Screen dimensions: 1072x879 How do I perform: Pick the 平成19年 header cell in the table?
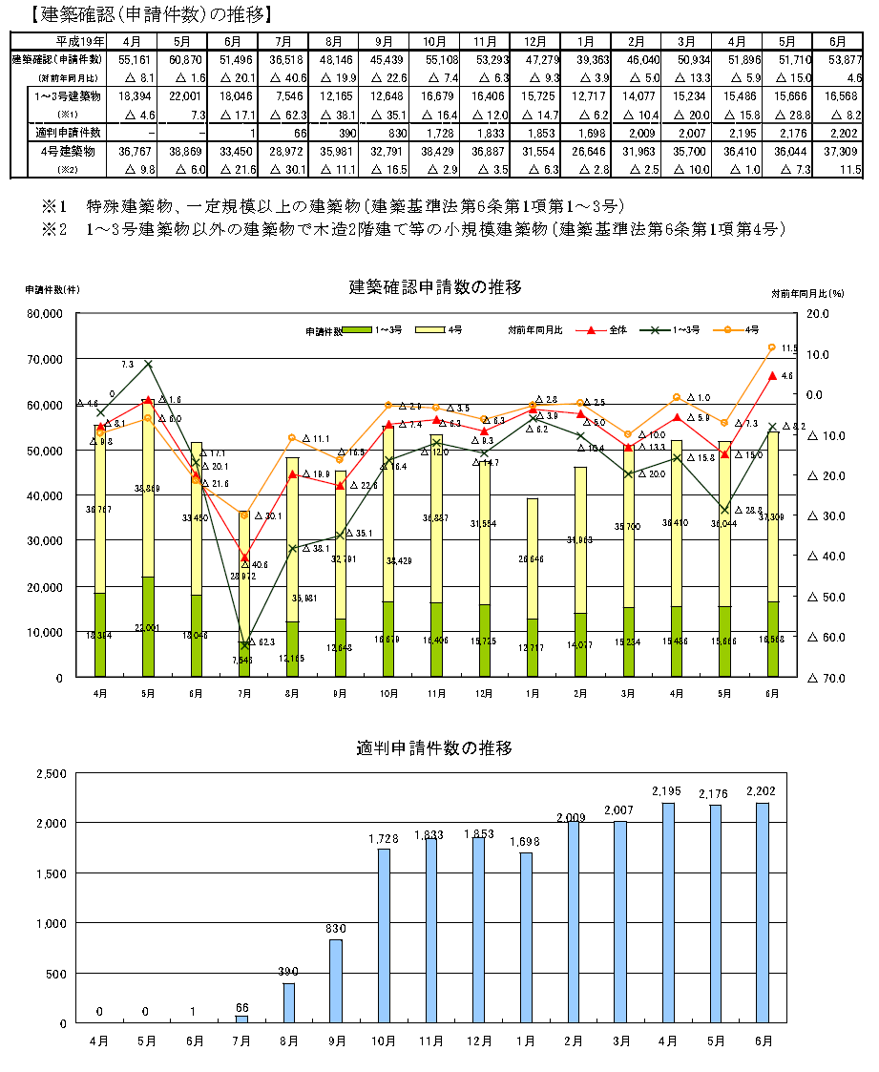(79, 42)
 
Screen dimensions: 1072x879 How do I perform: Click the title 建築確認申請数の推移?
(435, 285)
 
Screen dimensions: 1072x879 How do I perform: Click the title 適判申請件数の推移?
(435, 747)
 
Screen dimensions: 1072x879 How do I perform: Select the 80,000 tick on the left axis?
(44, 313)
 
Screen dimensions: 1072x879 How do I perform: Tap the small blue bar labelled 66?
(241, 1019)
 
